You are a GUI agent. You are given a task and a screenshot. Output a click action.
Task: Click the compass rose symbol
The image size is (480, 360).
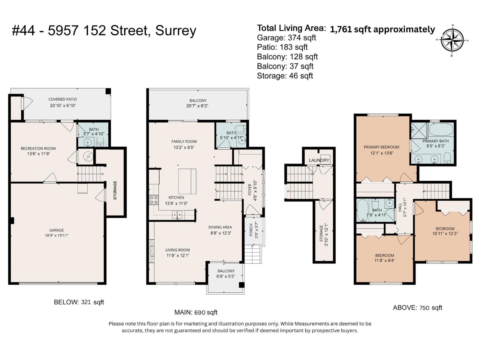[x=452, y=40]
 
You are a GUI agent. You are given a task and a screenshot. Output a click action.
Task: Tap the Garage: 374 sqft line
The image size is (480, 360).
[x=286, y=38]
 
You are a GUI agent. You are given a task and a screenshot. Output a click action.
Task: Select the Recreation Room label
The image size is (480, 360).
[x=38, y=148]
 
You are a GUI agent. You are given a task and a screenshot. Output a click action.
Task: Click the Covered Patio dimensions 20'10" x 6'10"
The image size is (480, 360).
[x=63, y=106]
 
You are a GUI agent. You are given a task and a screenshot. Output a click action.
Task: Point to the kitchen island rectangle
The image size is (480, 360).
[x=187, y=181]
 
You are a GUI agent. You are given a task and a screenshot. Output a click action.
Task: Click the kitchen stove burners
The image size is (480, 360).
[x=154, y=200]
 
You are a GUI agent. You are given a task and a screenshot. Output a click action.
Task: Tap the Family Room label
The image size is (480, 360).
[x=184, y=142]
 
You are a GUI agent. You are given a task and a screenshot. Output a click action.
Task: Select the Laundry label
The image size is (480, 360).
[x=319, y=160]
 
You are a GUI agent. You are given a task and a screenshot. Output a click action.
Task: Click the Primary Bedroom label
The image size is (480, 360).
[x=381, y=147]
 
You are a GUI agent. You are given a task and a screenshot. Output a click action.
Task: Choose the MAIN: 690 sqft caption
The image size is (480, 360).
[x=196, y=312]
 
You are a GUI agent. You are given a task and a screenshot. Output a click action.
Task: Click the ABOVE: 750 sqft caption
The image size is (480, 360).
[x=417, y=308]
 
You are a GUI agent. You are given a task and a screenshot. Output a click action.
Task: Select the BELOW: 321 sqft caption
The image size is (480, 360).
[x=79, y=302]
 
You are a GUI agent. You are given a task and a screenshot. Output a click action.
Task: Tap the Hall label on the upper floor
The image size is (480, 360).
[x=400, y=207]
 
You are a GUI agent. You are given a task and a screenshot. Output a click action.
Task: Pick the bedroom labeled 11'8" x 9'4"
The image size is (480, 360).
[x=384, y=258]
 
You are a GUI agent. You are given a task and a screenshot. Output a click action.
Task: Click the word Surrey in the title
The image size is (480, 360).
[x=175, y=31]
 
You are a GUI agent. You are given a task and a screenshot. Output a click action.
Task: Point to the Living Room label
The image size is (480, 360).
[x=177, y=250]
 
